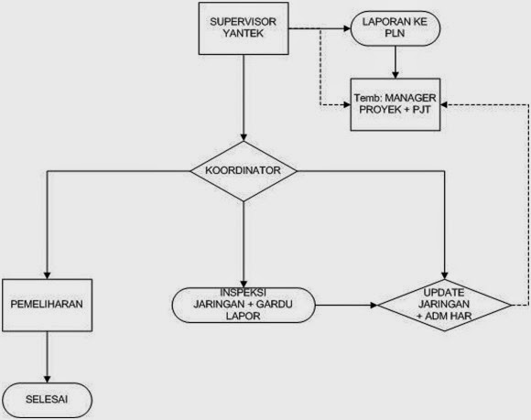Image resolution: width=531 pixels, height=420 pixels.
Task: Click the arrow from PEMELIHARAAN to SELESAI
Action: [x=49, y=357]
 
